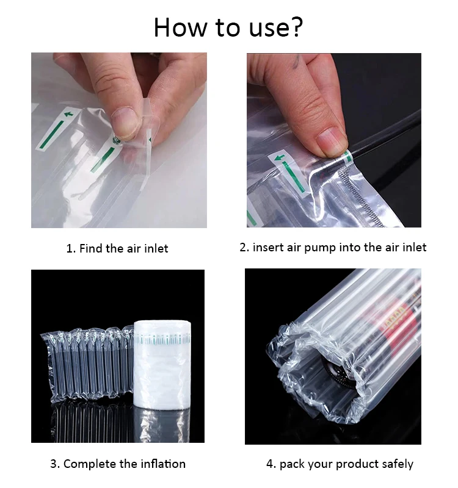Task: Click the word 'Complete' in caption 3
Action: (88, 464)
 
